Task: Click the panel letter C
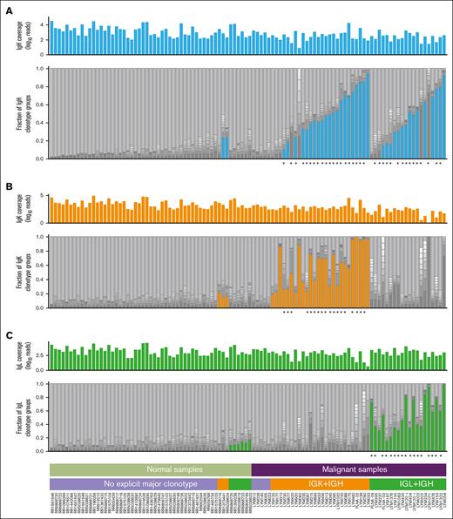pos(7,331)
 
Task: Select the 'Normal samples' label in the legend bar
pos(150,468)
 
